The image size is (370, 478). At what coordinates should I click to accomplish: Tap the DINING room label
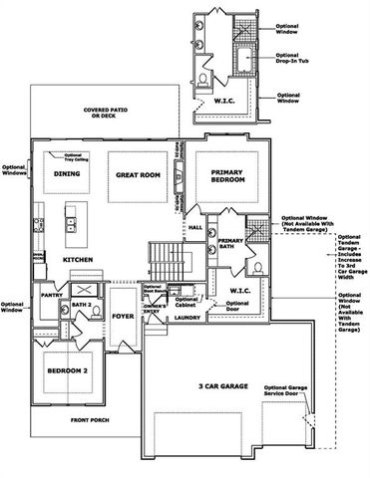pos(67,174)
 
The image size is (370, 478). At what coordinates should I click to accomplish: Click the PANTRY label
pos(52,295)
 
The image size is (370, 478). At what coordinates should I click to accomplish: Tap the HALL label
pos(194,228)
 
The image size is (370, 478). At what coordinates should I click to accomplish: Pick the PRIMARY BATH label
pos(231,245)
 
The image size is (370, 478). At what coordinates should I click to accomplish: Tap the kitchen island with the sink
pos(71,224)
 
